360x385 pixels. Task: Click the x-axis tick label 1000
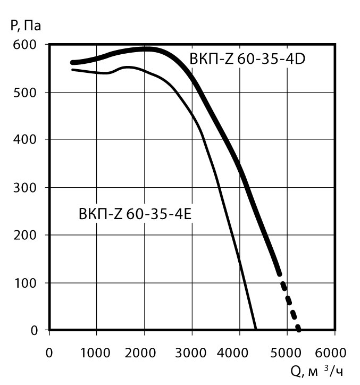point(96,352)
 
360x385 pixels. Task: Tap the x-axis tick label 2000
point(144,352)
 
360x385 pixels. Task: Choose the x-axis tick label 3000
point(191,352)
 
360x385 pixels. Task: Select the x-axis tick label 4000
point(239,352)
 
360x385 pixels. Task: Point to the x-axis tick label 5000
point(287,352)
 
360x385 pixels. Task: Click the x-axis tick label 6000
point(334,352)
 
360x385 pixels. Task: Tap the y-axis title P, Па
point(26,25)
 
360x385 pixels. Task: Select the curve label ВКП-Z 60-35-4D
point(247,59)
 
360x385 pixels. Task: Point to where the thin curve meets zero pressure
point(256,330)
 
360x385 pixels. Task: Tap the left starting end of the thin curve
point(73,70)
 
